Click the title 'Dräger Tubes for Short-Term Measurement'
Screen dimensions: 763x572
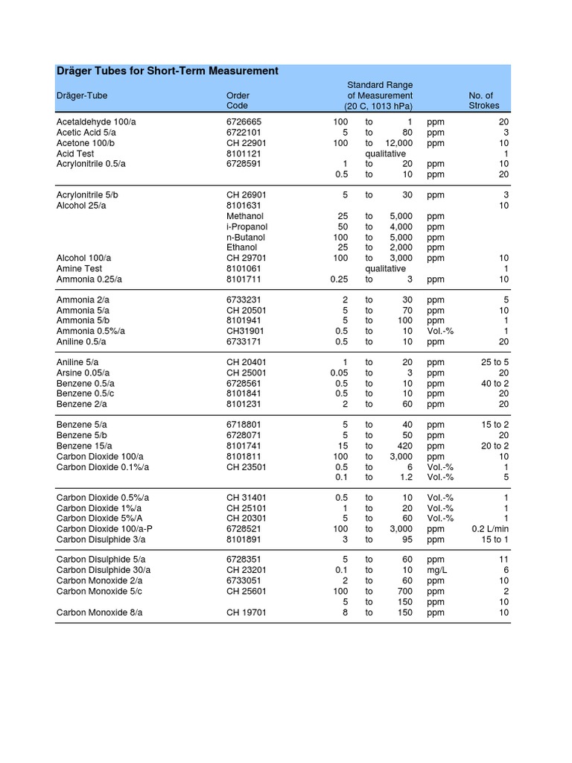coord(168,71)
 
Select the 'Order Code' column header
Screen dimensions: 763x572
coord(238,101)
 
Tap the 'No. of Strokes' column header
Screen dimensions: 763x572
coord(483,101)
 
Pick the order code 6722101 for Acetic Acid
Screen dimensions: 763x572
coord(244,133)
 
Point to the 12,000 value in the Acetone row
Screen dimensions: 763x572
coord(398,143)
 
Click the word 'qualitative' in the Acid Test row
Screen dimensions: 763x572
coord(385,153)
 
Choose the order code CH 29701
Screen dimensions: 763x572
coord(247,258)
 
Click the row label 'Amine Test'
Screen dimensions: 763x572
coord(79,268)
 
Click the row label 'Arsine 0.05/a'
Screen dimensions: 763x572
coord(83,373)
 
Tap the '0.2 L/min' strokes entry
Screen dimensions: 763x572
coord(490,529)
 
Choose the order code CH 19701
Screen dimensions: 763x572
coord(247,612)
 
